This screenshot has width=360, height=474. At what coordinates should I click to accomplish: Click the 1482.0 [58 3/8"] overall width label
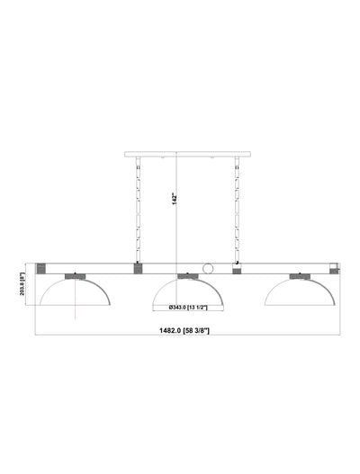(x=184, y=331)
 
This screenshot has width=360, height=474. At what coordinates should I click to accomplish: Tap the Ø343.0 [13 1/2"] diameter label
(x=188, y=308)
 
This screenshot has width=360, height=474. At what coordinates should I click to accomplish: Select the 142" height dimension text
(x=175, y=199)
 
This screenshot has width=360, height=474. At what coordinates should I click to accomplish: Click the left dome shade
(x=75, y=291)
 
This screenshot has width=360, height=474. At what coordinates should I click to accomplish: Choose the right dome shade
(x=300, y=291)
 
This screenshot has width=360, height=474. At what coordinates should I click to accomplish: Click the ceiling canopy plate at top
(x=187, y=154)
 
